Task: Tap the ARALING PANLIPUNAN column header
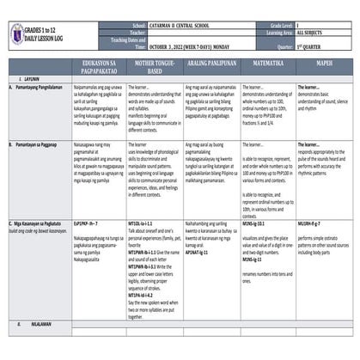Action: point(208,68)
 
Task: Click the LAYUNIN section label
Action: point(23,80)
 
